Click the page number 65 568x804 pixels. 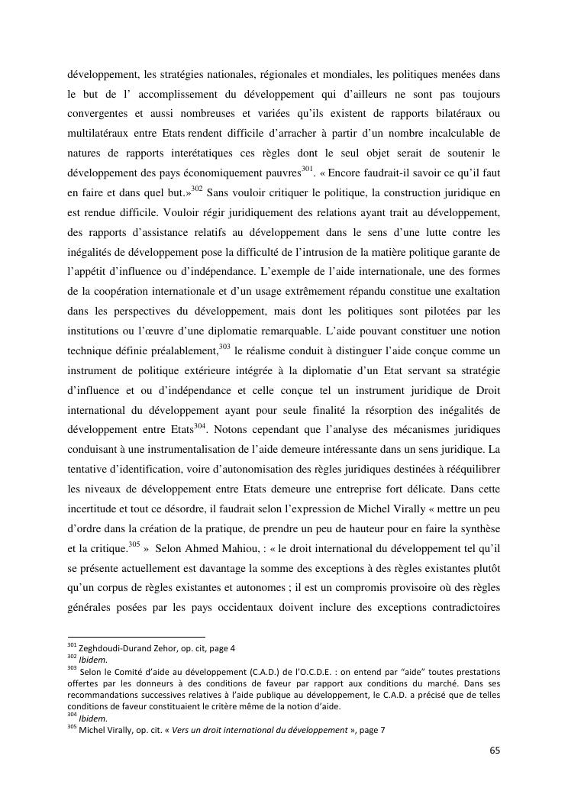pos(495,750)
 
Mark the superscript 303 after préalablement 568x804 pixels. pos(224,346)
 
